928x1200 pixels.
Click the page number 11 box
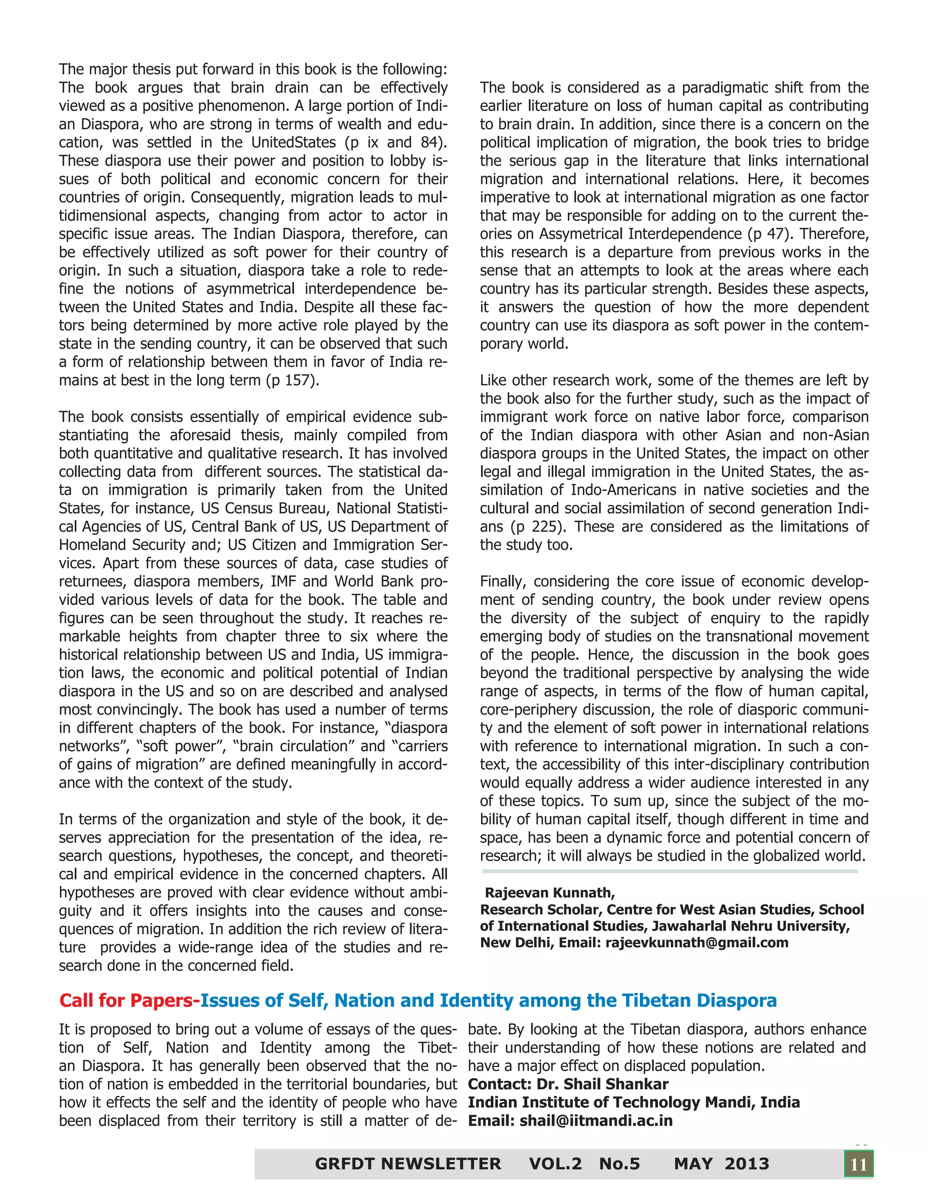point(858,1164)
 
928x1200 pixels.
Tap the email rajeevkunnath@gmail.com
point(696,942)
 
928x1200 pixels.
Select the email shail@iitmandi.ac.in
point(596,1120)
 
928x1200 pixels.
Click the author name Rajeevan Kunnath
point(549,893)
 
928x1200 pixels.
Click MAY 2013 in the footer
point(721,1164)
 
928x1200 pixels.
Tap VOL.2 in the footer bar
point(555,1164)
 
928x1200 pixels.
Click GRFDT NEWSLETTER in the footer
point(408,1164)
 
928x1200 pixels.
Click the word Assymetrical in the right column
point(583,234)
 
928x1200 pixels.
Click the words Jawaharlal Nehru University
point(750,926)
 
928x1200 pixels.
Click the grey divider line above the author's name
point(670,871)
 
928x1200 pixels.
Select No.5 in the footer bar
point(619,1164)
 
